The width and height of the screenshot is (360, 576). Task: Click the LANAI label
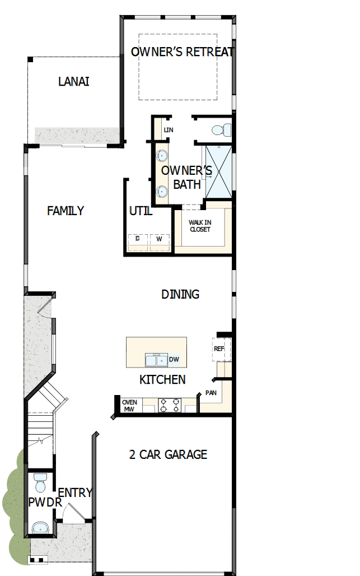[x=74, y=82]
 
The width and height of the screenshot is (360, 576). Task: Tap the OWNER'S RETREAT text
[x=182, y=52]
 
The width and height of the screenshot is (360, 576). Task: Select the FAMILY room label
[x=66, y=211]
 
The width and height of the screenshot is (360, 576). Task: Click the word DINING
[x=180, y=294]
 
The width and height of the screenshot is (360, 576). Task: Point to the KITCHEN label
[x=162, y=380]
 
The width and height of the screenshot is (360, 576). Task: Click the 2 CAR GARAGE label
[x=168, y=454]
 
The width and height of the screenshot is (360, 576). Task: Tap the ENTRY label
[x=75, y=493]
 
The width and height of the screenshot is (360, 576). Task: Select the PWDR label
[x=44, y=503]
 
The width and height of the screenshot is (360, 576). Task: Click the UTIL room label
[x=141, y=211]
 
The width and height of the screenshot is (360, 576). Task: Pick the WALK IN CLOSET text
[x=200, y=226]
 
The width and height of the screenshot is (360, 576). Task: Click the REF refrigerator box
[x=219, y=349]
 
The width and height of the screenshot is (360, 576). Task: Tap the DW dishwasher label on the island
[x=174, y=360]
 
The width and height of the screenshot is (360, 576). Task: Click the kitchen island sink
[x=155, y=359]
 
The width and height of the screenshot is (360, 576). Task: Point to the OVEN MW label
[x=129, y=405]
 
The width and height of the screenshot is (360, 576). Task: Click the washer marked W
[x=159, y=239]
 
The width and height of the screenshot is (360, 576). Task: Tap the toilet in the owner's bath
[x=222, y=130]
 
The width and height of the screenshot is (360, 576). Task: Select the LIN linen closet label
[x=169, y=131]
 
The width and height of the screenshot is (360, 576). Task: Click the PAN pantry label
[x=211, y=393]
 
